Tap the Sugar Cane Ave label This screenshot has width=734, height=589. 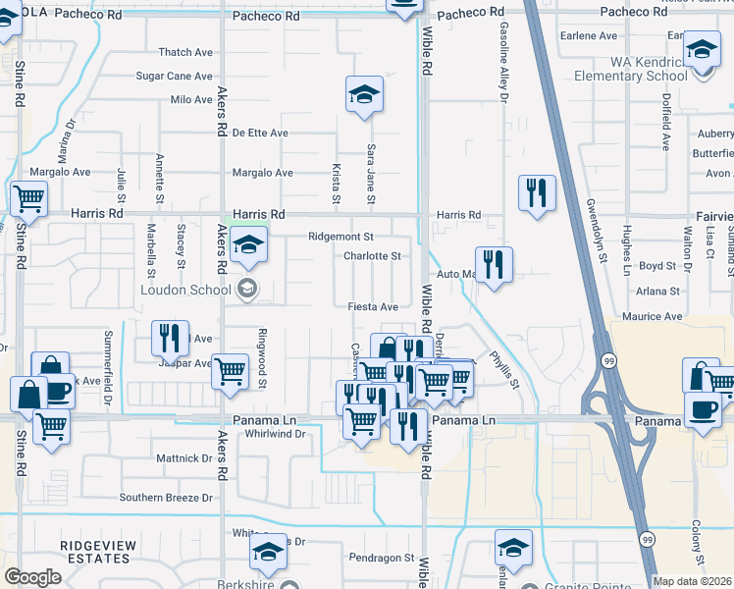(174, 76)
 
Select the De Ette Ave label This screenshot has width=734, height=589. (260, 133)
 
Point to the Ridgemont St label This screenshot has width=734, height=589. (341, 237)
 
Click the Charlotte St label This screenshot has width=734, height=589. (372, 256)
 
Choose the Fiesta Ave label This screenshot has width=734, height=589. (374, 306)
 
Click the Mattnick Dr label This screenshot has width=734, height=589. (184, 457)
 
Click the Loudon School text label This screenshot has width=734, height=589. (188, 289)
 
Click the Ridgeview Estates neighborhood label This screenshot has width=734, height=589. (94, 552)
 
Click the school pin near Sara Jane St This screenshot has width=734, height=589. (364, 95)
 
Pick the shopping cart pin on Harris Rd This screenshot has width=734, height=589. (28, 199)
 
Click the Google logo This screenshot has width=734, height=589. (32, 577)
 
